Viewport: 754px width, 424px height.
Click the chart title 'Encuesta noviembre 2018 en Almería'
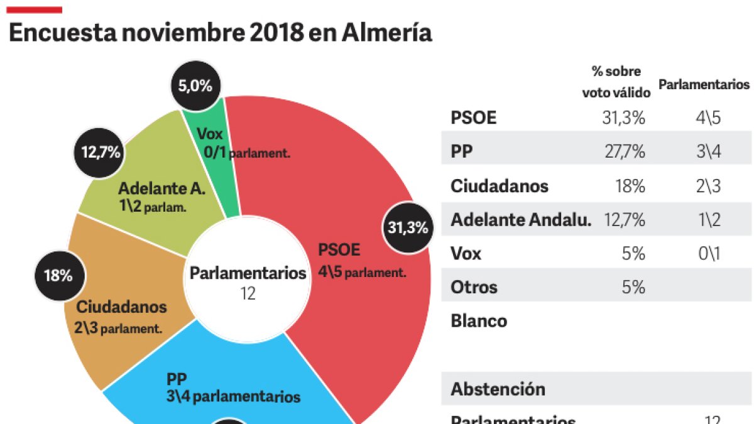pyautogui.click(x=221, y=33)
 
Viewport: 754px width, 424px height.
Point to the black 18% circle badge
pyautogui.click(x=58, y=275)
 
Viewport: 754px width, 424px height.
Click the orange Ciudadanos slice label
pyautogui.click(x=121, y=307)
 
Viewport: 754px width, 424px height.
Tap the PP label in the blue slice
pyautogui.click(x=177, y=379)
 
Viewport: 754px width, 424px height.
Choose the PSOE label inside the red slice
pyautogui.click(x=339, y=250)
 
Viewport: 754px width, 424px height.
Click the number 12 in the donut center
pyautogui.click(x=248, y=293)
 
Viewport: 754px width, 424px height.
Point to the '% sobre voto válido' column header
pyautogui.click(x=616, y=82)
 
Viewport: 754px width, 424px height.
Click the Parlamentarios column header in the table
pyautogui.click(x=704, y=84)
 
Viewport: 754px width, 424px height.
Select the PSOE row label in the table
pyautogui.click(x=474, y=118)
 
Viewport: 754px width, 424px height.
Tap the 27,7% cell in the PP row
pyautogui.click(x=623, y=152)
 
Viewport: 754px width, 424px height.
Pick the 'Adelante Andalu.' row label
pyautogui.click(x=521, y=220)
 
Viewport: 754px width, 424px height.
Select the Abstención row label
pyautogui.click(x=498, y=389)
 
